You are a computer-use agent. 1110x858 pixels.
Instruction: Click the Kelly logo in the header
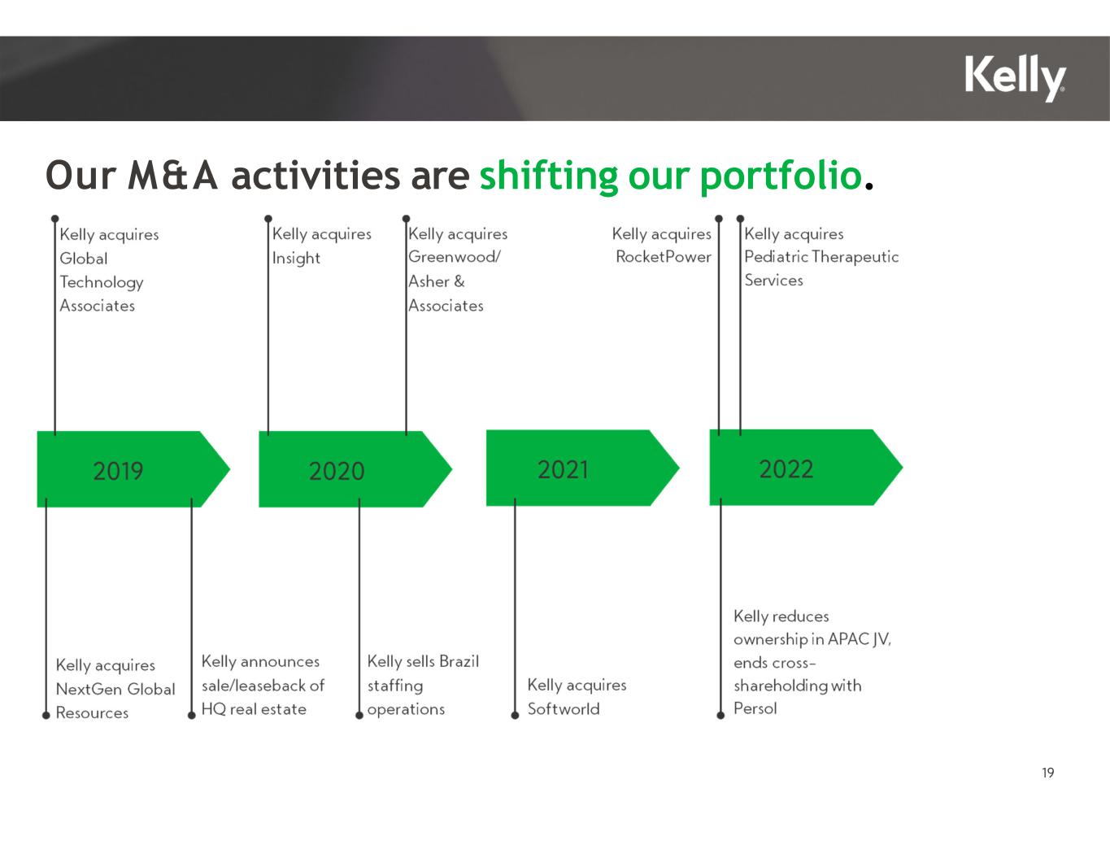(1015, 78)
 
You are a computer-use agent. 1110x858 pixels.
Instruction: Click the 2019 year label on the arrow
(118, 471)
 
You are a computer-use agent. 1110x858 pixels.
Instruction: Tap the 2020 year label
(337, 471)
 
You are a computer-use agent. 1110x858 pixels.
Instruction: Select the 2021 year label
(563, 469)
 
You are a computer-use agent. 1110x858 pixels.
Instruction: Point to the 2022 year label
(786, 468)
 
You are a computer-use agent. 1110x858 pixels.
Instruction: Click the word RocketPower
(664, 256)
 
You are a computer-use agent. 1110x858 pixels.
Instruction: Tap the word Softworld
(564, 708)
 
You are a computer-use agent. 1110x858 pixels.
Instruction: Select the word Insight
(296, 258)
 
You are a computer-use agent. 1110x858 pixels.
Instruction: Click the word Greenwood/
(454, 256)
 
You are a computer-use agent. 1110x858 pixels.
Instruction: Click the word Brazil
(459, 661)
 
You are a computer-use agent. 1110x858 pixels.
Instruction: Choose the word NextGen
(89, 689)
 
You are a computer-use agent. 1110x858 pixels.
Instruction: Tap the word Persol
(755, 708)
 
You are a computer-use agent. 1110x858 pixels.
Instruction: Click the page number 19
(1047, 773)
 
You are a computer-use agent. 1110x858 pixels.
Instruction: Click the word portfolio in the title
(781, 176)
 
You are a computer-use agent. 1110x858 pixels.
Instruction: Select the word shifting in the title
(549, 176)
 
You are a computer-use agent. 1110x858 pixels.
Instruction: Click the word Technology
(102, 282)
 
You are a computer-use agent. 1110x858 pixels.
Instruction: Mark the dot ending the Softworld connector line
(515, 716)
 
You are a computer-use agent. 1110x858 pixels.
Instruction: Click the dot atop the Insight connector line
(268, 219)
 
